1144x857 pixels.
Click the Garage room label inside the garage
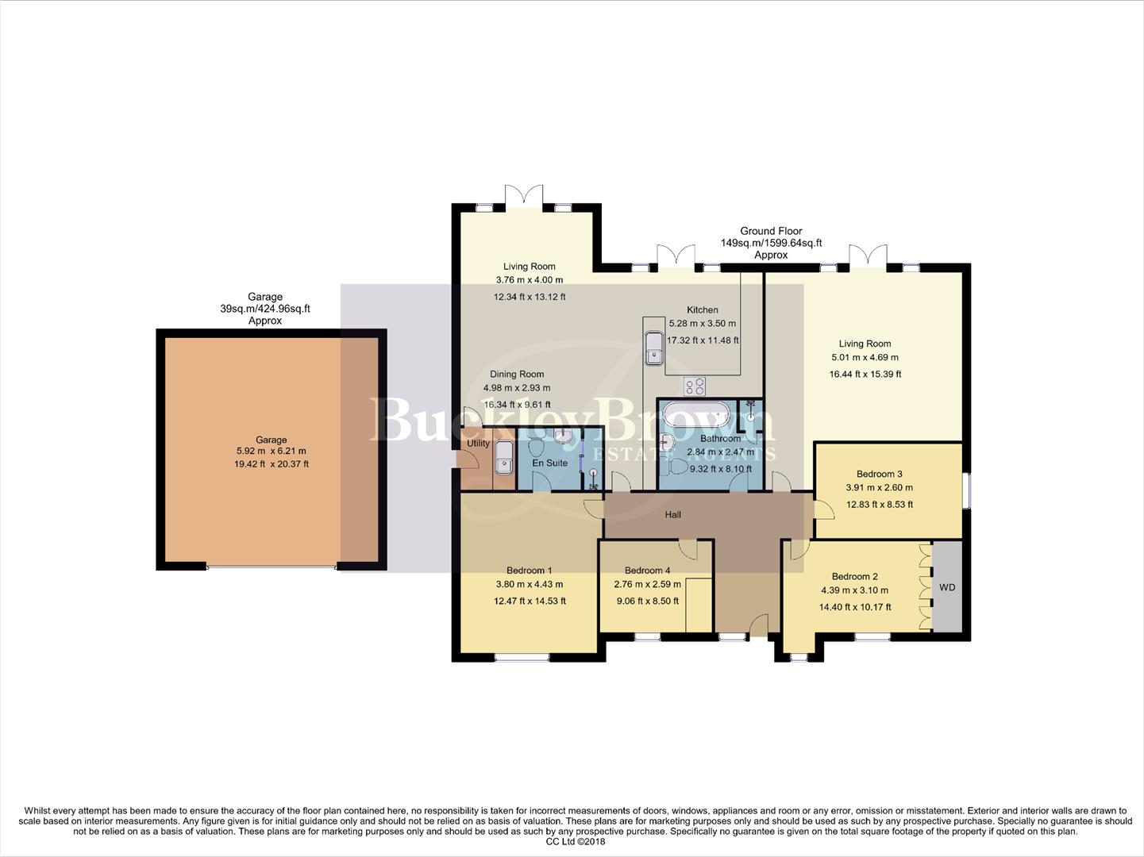click(x=271, y=440)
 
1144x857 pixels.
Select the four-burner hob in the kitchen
click(x=695, y=386)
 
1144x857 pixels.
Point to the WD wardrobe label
click(x=947, y=587)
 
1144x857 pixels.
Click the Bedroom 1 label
click(x=530, y=570)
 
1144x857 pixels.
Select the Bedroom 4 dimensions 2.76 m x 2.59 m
click(x=647, y=585)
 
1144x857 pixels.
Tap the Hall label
click(x=672, y=515)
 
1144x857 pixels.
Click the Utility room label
click(x=478, y=444)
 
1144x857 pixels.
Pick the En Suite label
click(x=550, y=463)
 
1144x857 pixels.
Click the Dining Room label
click(x=517, y=374)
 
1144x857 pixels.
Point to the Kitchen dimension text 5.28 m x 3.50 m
click(x=703, y=324)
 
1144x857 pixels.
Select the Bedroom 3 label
click(x=879, y=474)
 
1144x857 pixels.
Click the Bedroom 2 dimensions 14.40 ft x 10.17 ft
click(x=855, y=607)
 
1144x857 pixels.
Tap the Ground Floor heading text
click(x=771, y=231)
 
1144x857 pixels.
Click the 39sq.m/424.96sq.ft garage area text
click(x=265, y=309)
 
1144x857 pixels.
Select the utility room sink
click(x=503, y=455)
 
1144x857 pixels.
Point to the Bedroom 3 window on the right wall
click(x=966, y=490)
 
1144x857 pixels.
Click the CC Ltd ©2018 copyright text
click(x=576, y=842)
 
